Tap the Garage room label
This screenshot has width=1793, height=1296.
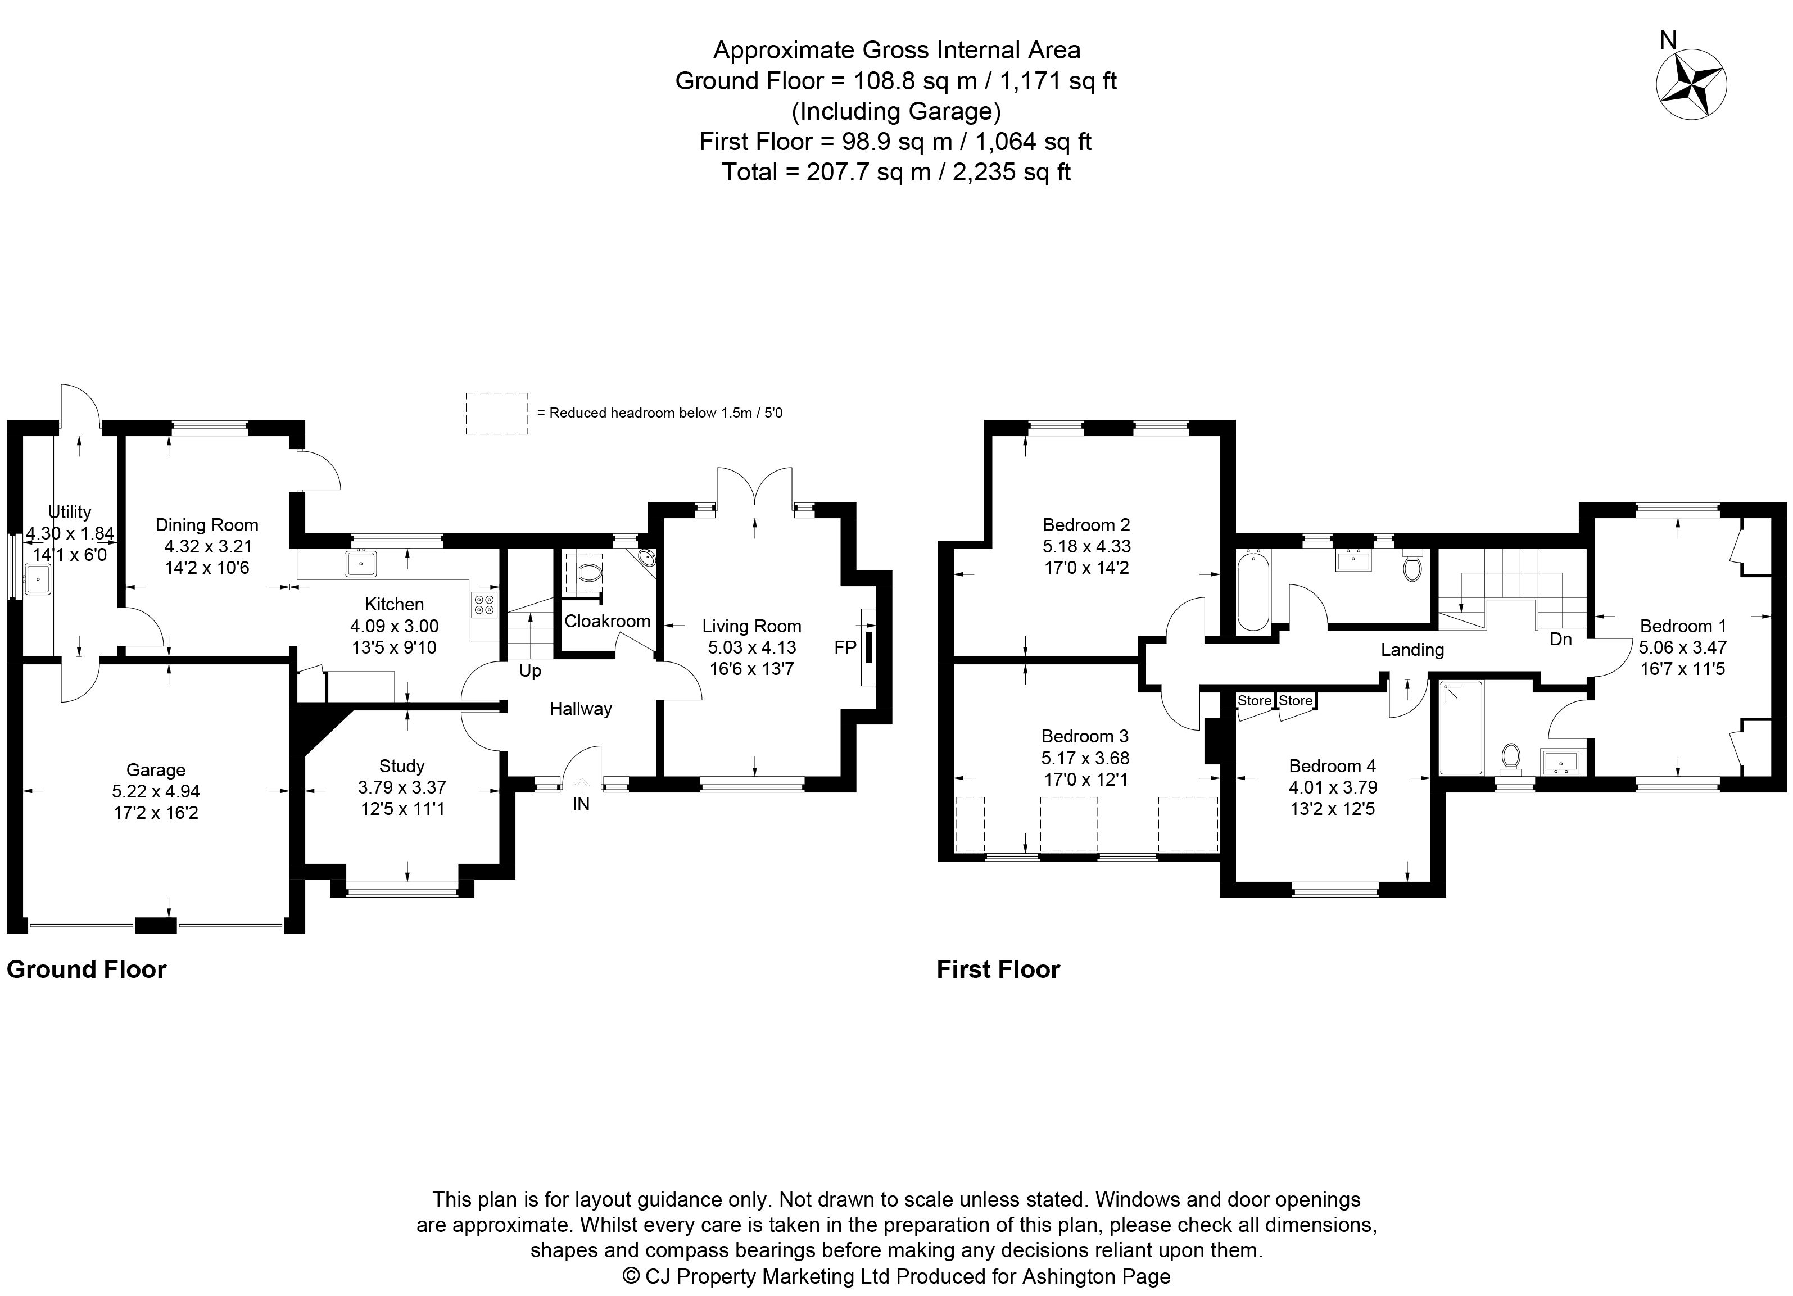pos(156,770)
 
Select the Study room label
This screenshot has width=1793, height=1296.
pos(402,766)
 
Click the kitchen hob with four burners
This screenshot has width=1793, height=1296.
pos(484,605)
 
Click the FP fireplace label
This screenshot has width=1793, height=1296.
pos(845,647)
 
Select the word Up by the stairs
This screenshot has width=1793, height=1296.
pos(529,671)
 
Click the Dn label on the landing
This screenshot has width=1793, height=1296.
pos(1560,638)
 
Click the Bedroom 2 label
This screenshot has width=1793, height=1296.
pos(1086,525)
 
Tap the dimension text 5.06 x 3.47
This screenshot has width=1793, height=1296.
pos(1682,647)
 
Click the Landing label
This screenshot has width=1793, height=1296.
pos(1412,650)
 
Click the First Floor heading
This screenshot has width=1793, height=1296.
pos(998,969)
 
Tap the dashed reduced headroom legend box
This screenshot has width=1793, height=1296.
pos(496,413)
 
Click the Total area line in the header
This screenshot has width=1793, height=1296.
pos(896,171)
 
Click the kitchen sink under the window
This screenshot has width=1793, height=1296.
pos(361,564)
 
